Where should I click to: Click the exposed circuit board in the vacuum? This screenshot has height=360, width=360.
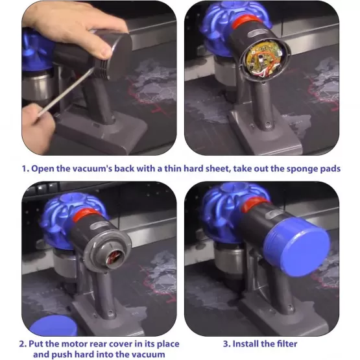(x=263, y=65)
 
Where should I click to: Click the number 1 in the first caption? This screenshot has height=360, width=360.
(x=25, y=169)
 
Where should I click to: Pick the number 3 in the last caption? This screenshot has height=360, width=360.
(x=226, y=343)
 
